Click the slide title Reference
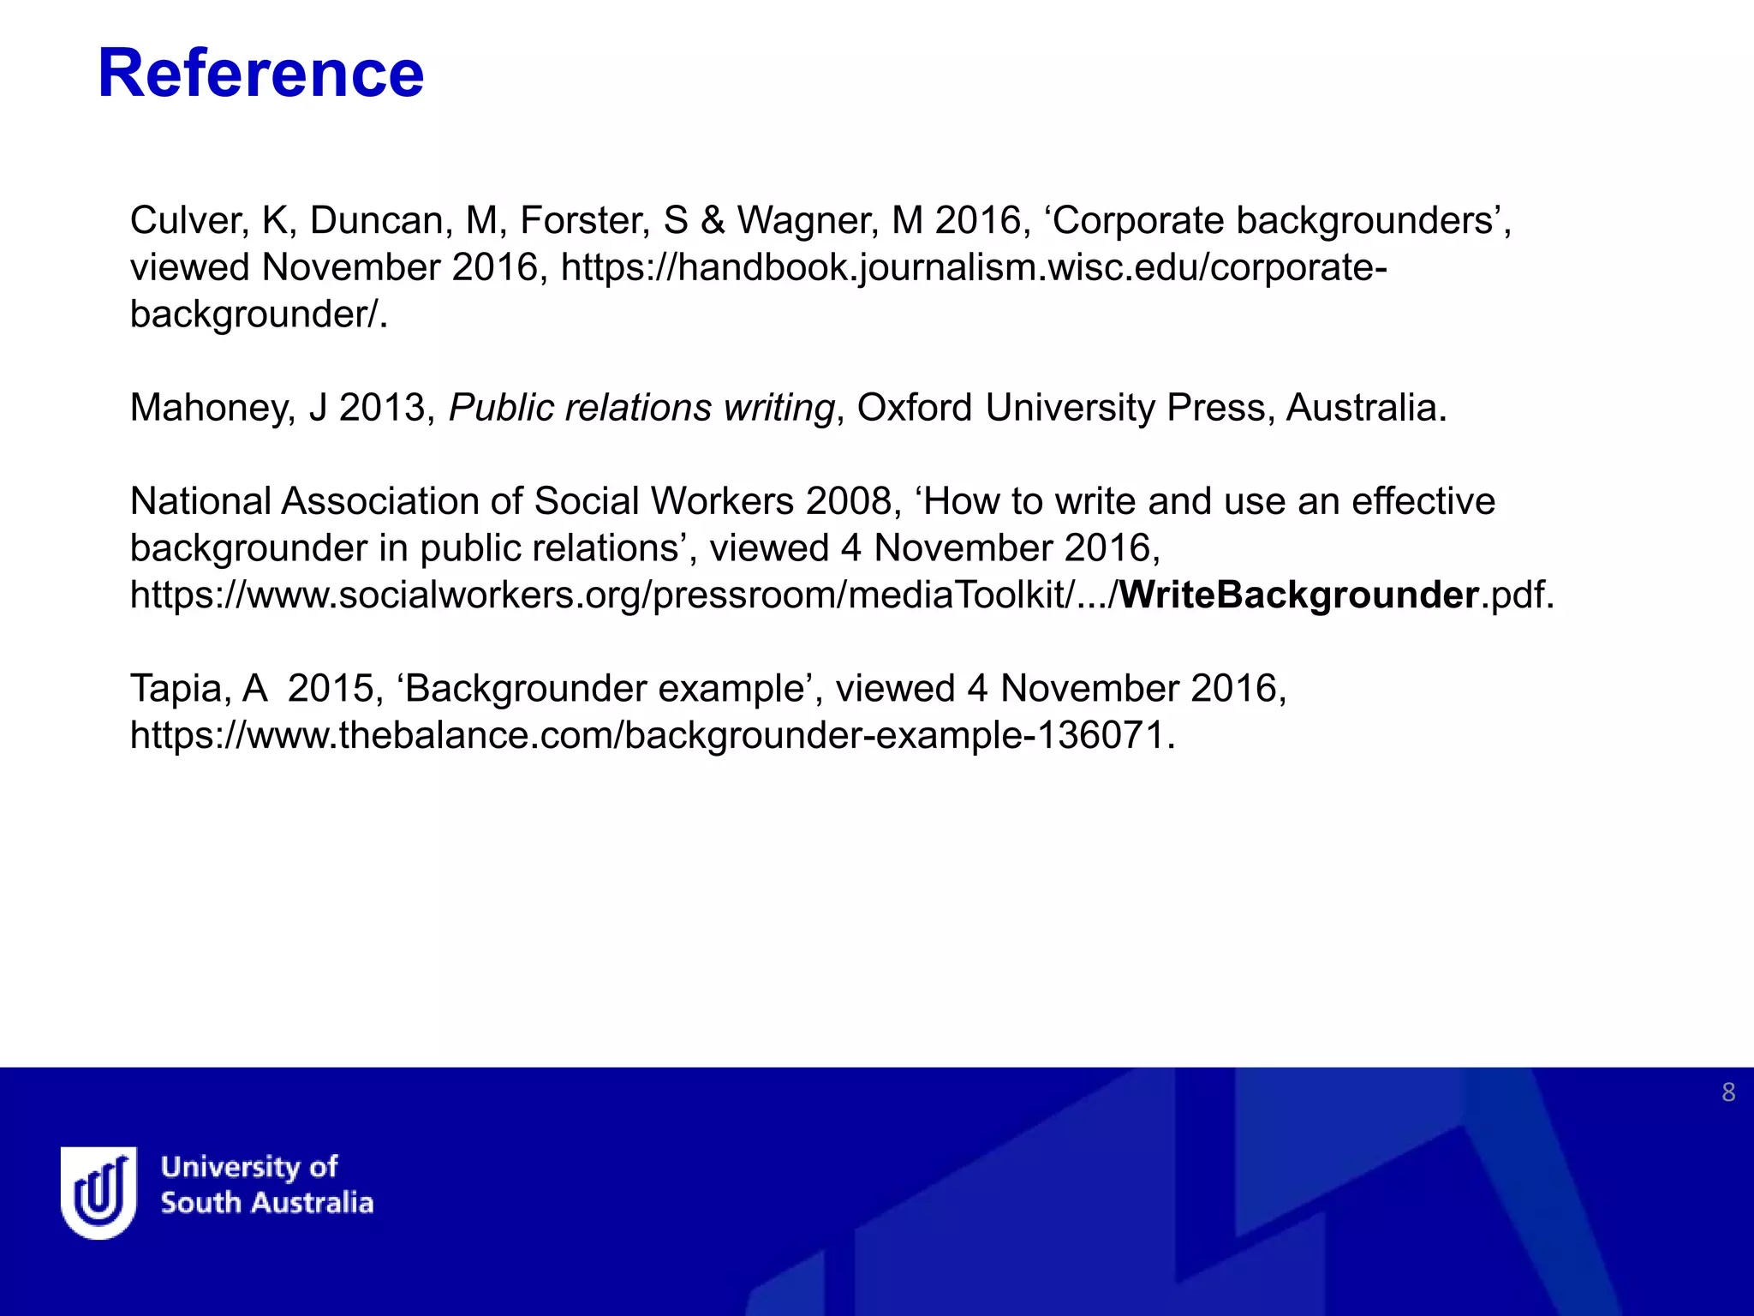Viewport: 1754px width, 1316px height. (261, 74)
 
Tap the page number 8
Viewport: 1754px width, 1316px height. (1728, 1092)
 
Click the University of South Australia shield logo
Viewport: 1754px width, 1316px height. (98, 1192)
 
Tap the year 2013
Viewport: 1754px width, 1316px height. (382, 408)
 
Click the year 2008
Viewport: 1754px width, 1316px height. (849, 501)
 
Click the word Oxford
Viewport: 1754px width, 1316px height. (915, 408)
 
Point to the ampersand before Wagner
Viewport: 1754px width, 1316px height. (713, 220)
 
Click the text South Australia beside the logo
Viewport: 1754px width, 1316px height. (267, 1203)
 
